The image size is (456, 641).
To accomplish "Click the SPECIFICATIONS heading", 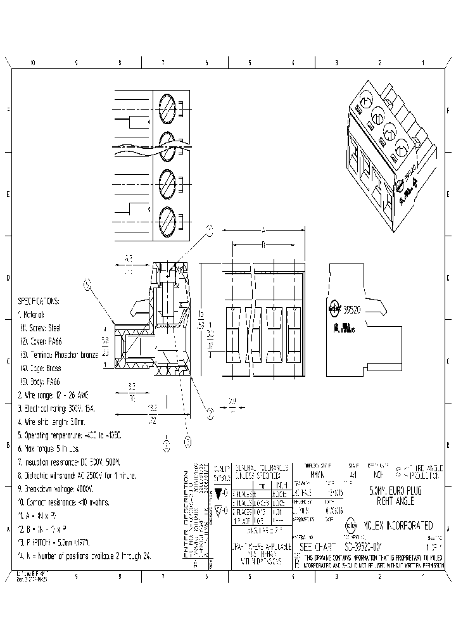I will click(38, 301).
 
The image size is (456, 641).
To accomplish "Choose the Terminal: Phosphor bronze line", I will click(60, 355).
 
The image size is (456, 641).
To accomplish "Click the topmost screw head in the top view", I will click(167, 105).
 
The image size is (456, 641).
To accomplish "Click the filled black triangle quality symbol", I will click(219, 492).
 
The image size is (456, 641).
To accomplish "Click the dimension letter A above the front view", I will click(262, 230).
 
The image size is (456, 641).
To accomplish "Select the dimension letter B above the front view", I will click(262, 244).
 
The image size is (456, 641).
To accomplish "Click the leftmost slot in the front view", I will click(232, 332).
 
